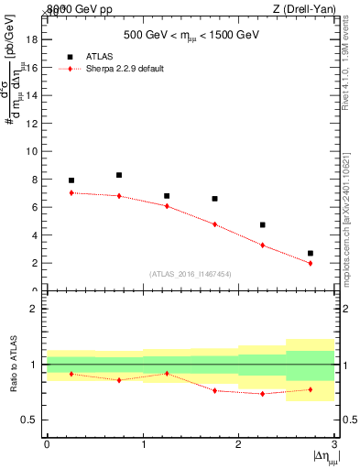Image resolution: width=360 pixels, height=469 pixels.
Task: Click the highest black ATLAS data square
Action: click(119, 175)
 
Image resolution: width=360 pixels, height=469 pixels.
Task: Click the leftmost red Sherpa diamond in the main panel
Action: click(71, 192)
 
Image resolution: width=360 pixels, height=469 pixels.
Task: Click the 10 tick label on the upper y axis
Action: click(33, 151)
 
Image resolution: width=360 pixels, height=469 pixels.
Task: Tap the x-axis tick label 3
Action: click(334, 444)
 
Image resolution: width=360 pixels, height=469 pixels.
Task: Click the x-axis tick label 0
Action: click(47, 444)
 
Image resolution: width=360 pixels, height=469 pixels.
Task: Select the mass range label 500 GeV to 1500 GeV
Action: click(191, 37)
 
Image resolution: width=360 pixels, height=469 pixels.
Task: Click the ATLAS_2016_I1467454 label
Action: click(191, 273)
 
